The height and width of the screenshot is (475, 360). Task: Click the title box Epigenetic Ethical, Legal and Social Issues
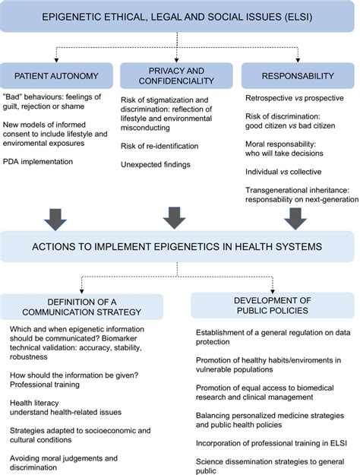click(x=180, y=14)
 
